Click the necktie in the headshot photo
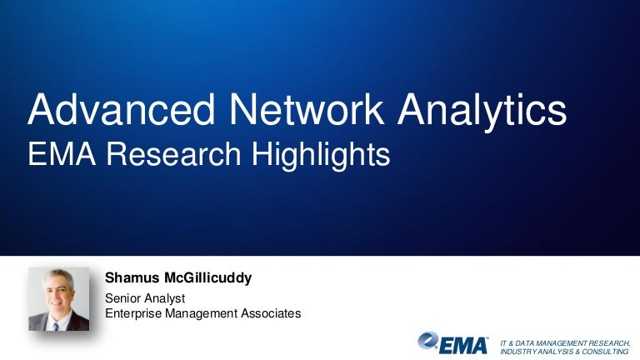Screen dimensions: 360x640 [56, 324]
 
